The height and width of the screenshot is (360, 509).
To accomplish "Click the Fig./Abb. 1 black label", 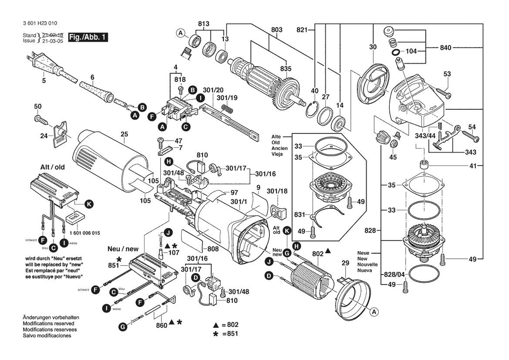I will click(x=87, y=37).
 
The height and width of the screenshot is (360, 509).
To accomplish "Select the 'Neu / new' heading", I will click(x=123, y=249).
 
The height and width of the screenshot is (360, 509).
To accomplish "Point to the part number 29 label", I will click(x=345, y=264).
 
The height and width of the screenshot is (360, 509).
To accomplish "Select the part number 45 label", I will click(x=393, y=157).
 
